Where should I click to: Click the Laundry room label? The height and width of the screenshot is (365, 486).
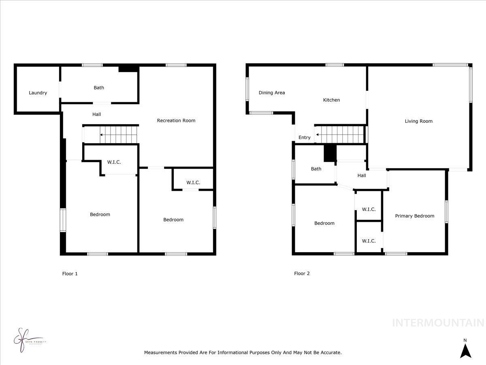[38, 93]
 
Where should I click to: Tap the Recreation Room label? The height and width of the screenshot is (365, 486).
[176, 120]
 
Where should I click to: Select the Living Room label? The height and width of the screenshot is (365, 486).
[418, 121]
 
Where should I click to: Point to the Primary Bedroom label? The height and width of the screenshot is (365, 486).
[414, 216]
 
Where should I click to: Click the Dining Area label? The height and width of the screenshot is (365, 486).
[272, 93]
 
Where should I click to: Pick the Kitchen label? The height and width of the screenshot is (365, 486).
[331, 100]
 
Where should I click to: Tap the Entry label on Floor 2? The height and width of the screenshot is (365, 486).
[304, 138]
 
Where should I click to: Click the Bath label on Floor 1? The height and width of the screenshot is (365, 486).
[99, 88]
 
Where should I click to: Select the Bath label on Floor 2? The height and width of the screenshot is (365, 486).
[316, 169]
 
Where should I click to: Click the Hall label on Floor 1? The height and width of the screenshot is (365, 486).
[96, 115]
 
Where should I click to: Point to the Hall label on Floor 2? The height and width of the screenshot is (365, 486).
[362, 176]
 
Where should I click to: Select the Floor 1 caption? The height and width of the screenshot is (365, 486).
[70, 274]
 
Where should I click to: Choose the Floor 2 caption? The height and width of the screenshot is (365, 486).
[302, 274]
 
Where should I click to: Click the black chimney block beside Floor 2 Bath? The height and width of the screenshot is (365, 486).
[330, 153]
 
